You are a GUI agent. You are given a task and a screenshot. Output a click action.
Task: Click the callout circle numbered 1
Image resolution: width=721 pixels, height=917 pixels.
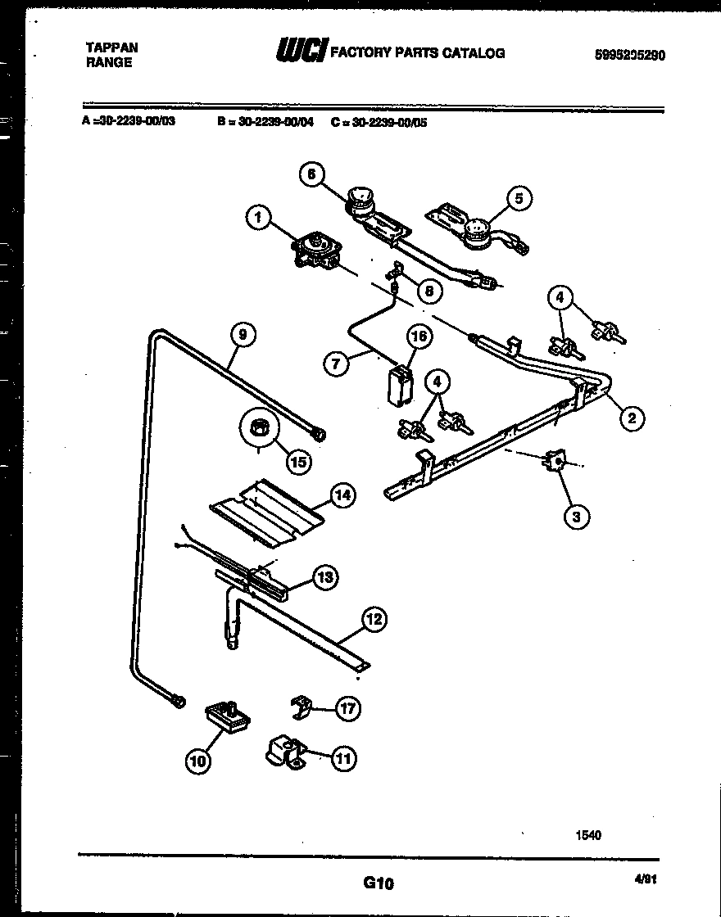(258, 217)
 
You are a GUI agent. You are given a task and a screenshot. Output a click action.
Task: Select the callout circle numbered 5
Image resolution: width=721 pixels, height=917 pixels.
(519, 197)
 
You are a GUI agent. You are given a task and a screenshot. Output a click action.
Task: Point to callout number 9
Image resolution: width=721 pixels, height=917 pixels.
(243, 334)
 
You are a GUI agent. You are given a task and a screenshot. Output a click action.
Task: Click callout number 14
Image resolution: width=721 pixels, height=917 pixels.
(342, 495)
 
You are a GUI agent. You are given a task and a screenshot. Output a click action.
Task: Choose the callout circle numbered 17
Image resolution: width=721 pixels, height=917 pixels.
(348, 709)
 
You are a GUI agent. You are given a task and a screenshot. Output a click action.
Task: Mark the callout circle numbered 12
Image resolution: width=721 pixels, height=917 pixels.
(374, 620)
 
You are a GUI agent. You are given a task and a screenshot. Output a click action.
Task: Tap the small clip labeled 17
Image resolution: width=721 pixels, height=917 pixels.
(302, 706)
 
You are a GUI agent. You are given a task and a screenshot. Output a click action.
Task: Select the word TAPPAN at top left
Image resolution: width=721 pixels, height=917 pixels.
(111, 47)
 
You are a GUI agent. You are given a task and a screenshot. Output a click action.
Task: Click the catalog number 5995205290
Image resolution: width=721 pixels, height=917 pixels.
(629, 55)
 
